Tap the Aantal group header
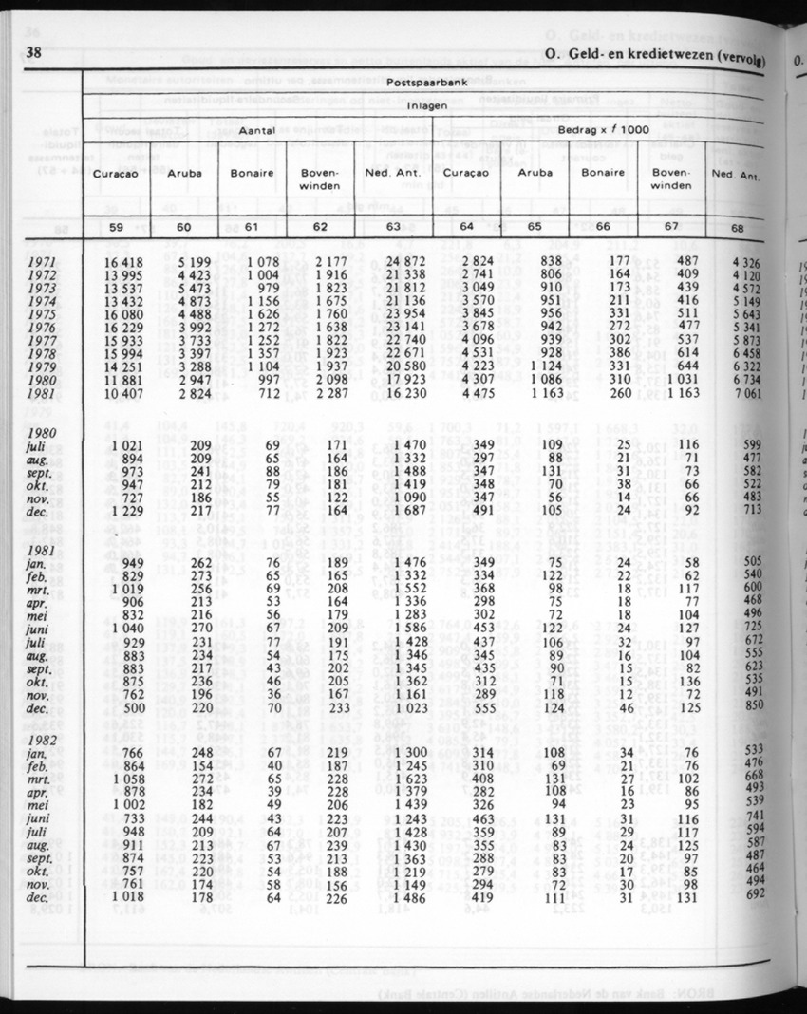256,130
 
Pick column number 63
393,228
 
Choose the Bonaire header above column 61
252,173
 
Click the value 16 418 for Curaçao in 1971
120,261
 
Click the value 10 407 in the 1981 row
120,394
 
